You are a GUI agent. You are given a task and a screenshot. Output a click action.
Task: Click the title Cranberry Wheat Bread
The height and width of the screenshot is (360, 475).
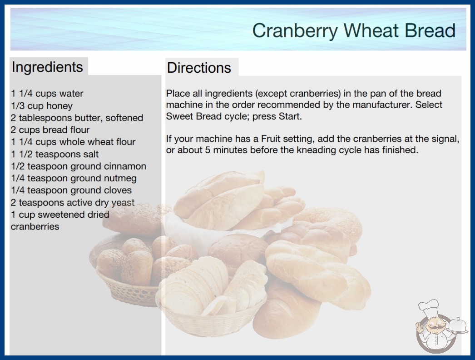pos(354,30)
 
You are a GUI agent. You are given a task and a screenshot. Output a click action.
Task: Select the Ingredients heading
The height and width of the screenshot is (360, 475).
pos(47,67)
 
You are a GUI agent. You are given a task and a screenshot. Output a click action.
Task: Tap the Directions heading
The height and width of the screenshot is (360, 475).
pos(199,68)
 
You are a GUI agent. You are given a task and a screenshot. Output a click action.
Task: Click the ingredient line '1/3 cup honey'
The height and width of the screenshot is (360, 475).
pos(42,106)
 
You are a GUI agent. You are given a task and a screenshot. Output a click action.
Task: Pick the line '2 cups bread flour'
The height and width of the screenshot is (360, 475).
pos(50,130)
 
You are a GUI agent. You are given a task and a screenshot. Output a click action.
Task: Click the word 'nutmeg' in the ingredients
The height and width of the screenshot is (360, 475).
pos(120,179)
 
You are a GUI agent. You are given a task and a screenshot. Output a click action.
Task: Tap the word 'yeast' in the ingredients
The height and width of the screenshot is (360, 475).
pos(123,203)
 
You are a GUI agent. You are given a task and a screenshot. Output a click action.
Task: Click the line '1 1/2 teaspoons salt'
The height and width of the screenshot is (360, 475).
pos(55,154)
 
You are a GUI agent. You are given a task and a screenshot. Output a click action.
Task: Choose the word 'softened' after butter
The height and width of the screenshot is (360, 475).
pos(124,118)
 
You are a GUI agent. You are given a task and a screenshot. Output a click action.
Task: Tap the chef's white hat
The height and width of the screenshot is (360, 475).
pos(429,308)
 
